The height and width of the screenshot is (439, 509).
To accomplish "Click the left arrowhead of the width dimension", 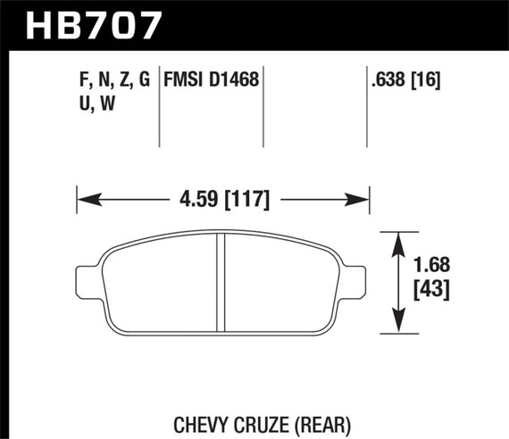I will pyautogui.click(x=83, y=197).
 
